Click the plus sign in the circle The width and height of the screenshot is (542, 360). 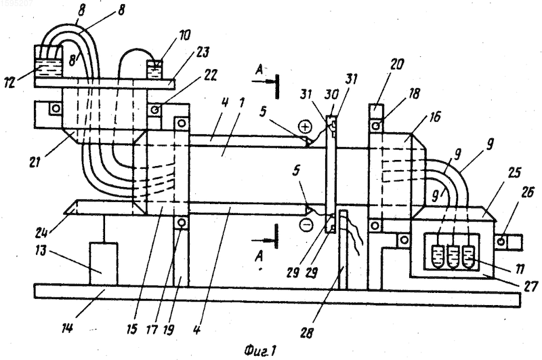305,127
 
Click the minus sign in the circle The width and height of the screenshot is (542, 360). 306,225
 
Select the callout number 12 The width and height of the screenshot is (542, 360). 9,82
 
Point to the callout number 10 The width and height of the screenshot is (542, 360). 184,36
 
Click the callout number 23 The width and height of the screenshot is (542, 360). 203,53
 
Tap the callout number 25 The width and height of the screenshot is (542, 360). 515,173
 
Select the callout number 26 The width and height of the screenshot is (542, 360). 527,193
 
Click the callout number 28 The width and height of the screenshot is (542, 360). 307,333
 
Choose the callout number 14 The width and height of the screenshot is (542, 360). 67,327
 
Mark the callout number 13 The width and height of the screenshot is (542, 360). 41,250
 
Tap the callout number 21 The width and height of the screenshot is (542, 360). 35,162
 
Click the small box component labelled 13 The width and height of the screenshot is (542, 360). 104,264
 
